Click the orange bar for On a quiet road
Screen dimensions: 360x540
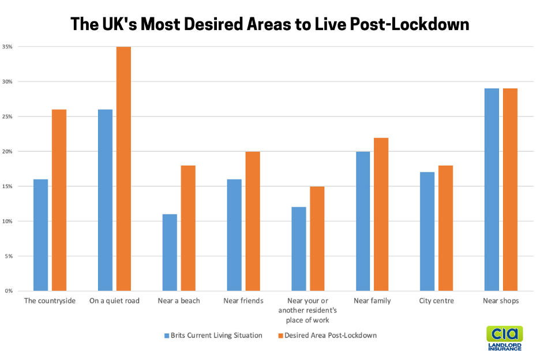[123, 168]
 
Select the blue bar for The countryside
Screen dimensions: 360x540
[40, 235]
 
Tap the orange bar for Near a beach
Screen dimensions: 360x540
[188, 228]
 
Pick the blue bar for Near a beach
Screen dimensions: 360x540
[170, 252]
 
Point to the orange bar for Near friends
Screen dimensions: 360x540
[253, 221]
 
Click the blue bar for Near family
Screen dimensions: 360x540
[363, 221]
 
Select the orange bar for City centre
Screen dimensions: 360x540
[446, 228]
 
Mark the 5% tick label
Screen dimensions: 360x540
[9, 256]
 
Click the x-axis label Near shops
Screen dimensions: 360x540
[501, 301]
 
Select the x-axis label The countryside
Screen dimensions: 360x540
[50, 301]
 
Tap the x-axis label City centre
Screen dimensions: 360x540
[437, 301]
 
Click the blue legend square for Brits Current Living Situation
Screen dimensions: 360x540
[166, 335]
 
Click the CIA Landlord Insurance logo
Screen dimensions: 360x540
[504, 338]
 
